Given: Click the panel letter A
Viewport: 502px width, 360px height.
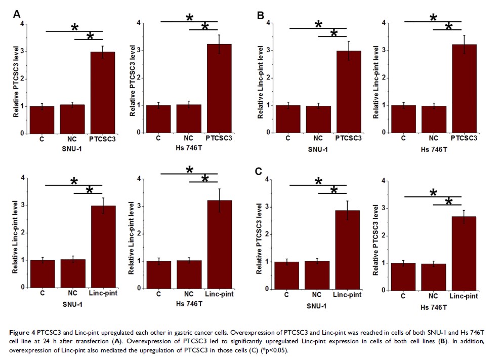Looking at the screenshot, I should click(16, 15).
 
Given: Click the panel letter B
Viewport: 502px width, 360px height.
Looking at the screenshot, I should click(261, 15).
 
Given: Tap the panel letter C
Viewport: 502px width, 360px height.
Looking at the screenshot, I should click(259, 172).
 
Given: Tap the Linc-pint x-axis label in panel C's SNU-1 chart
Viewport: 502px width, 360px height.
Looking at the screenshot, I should click(347, 295).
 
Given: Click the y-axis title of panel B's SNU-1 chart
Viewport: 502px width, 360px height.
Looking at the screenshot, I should click(261, 82).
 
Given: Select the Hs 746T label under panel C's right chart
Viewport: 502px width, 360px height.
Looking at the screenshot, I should click(433, 307).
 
